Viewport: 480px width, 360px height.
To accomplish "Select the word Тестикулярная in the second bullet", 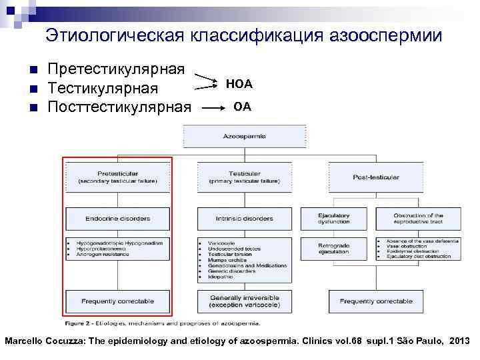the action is (x=103, y=88).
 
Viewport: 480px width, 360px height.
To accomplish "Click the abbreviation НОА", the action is (x=239, y=84).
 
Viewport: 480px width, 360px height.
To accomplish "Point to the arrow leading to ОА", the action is (x=213, y=107).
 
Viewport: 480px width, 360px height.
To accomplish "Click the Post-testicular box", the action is (x=377, y=177).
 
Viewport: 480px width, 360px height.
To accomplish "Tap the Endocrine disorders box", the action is (x=117, y=218).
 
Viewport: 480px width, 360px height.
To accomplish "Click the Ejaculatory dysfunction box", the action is (x=334, y=218).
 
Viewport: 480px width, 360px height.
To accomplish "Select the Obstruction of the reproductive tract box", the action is (x=418, y=218).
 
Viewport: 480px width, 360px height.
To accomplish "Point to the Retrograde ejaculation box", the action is (x=334, y=249).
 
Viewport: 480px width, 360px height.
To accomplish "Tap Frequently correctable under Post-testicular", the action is (x=377, y=301).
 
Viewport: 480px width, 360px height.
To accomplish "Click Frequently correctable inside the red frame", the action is (x=117, y=301).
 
